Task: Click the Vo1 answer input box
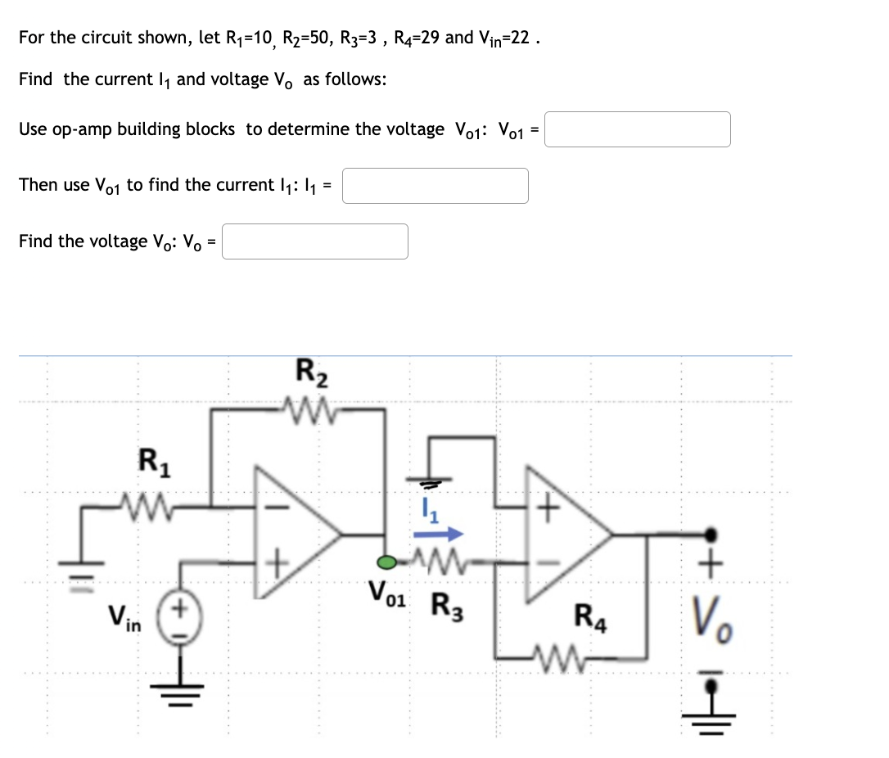pos(638,129)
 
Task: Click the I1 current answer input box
pos(435,186)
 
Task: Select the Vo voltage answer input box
pos(315,241)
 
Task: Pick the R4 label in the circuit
pos(591,615)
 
